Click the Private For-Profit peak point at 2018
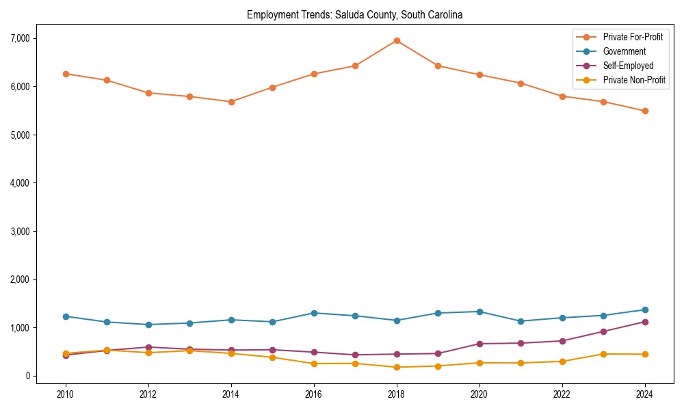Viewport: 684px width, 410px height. click(x=397, y=40)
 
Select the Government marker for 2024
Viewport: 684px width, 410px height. click(x=645, y=310)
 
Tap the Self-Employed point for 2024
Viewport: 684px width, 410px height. click(x=645, y=322)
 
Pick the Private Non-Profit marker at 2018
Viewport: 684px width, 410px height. click(x=397, y=367)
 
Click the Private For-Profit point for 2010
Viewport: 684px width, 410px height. click(x=66, y=74)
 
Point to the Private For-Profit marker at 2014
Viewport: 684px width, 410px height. click(x=231, y=102)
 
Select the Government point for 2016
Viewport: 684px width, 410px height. click(x=314, y=313)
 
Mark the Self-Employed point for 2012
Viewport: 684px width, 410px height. click(x=148, y=347)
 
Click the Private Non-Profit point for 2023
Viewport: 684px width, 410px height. click(x=603, y=354)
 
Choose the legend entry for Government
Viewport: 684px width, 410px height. click(x=624, y=51)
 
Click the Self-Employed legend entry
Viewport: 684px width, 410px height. click(x=628, y=66)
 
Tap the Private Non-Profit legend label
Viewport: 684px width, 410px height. click(x=634, y=80)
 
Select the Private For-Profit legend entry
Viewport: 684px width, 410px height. click(x=633, y=37)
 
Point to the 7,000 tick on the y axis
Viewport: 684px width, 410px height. click(x=21, y=38)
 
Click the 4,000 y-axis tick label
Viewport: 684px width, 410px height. click(x=21, y=183)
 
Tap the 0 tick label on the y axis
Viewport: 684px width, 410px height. click(x=29, y=376)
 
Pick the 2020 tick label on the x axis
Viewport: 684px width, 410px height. click(x=479, y=394)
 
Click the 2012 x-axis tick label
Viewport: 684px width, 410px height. click(x=148, y=394)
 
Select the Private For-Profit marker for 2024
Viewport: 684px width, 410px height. click(x=645, y=111)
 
